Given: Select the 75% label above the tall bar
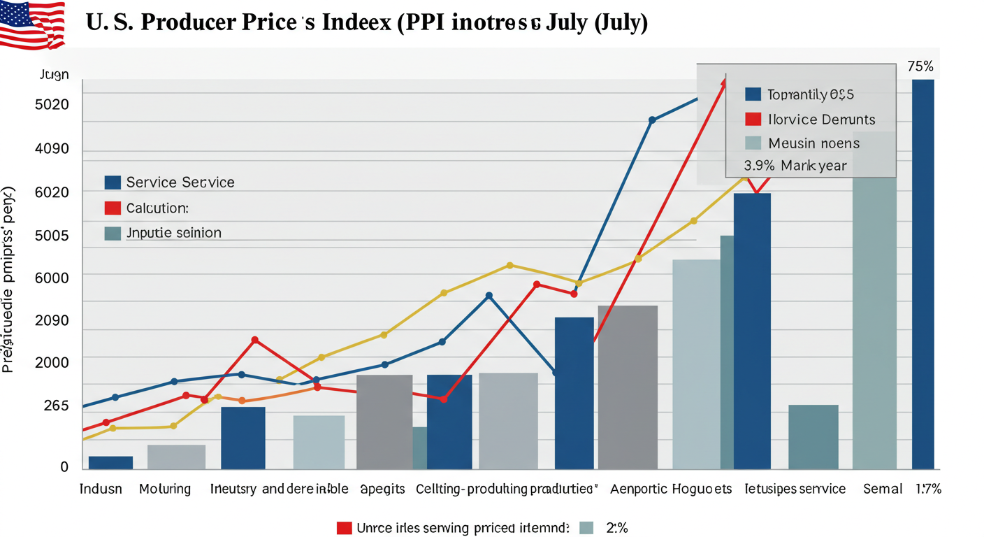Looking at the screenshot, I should coord(920,67).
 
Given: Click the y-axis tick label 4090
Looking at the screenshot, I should coord(52,149).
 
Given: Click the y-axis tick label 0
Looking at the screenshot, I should coord(64,466).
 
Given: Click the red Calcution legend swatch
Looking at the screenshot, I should coord(113,208).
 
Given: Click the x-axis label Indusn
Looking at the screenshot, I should coord(101,489).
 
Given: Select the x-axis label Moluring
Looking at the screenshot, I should coord(165,489).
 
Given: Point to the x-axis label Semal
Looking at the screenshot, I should coord(883,489).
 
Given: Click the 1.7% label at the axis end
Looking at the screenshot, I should coord(929,489).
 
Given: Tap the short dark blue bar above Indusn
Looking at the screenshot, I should coord(110,462).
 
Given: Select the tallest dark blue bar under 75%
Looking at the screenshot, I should coord(923,273).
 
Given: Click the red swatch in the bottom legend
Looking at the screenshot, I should coord(343,528).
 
